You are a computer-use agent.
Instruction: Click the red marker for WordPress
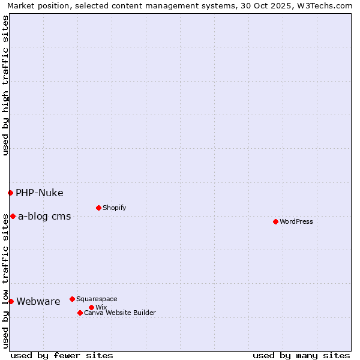click(275, 221)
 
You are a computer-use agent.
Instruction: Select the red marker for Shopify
click(98, 208)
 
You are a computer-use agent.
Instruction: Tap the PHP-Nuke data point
click(10, 193)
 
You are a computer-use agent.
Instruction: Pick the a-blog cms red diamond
click(13, 216)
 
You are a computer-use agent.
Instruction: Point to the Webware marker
click(11, 301)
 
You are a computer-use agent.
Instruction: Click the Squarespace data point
click(72, 299)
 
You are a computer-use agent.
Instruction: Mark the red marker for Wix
click(91, 307)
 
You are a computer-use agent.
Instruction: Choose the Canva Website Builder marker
click(80, 313)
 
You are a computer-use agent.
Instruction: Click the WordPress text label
click(296, 221)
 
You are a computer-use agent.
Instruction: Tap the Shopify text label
click(114, 208)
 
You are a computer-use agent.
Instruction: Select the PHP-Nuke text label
click(40, 193)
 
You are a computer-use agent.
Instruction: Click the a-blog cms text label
click(44, 216)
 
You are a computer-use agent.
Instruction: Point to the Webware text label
click(38, 301)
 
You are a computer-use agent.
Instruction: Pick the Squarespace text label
click(97, 299)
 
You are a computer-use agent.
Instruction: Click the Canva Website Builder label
click(120, 313)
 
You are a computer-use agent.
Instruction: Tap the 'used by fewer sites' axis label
click(62, 355)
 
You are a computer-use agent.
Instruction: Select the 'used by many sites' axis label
click(301, 355)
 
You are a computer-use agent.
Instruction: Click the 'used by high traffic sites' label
click(5, 85)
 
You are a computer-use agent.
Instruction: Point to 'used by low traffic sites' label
click(5, 281)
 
